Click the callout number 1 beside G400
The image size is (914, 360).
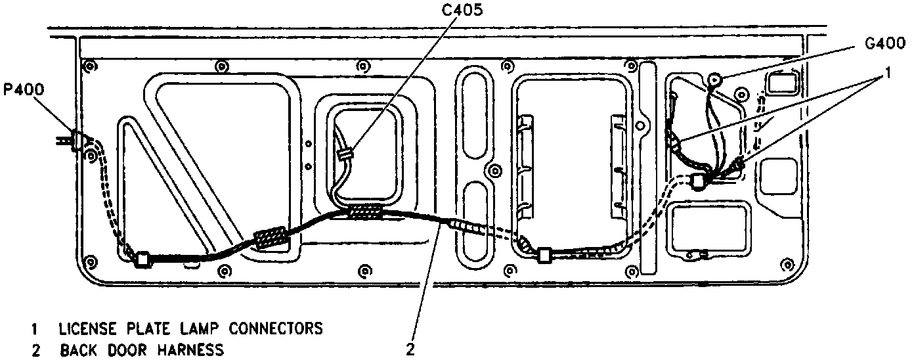[x=887, y=75]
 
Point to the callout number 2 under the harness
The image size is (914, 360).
[x=410, y=349]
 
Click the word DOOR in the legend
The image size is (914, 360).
[x=131, y=349]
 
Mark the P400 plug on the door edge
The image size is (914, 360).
[x=77, y=140]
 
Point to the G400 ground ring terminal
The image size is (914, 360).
[x=714, y=81]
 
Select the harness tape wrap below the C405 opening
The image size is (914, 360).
[x=364, y=212]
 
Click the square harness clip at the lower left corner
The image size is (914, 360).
[x=141, y=260]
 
